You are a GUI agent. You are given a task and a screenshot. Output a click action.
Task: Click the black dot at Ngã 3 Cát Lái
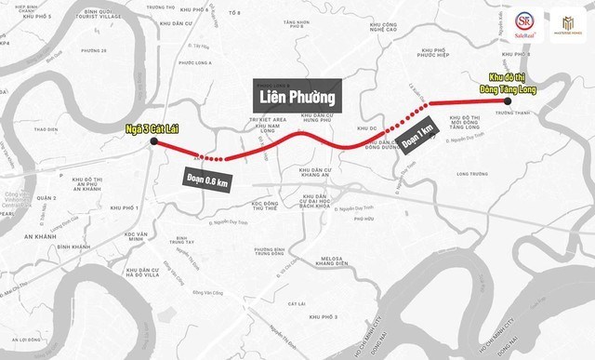(152, 141)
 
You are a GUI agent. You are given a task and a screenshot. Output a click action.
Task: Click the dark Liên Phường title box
(296, 94)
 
